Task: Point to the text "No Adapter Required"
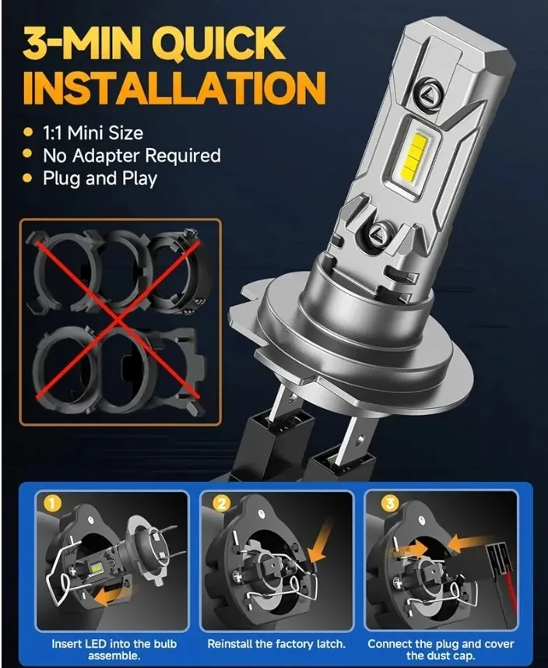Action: (x=132, y=156)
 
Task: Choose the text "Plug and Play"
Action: (x=100, y=178)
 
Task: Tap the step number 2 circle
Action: (x=220, y=504)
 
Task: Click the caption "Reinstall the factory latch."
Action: (x=278, y=645)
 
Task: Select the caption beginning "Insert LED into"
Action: (x=114, y=649)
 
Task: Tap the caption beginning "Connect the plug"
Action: (x=441, y=649)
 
